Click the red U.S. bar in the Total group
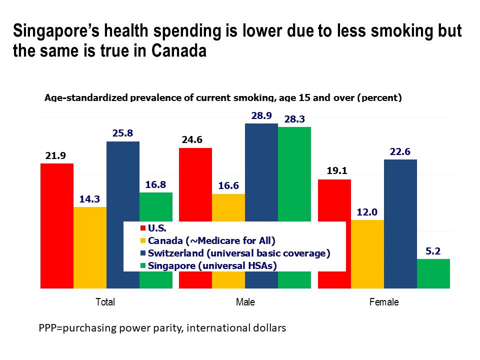(56, 225)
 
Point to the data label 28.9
(261, 115)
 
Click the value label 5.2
(433, 251)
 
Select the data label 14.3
(89, 199)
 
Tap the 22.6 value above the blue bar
(400, 152)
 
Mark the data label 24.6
(195, 140)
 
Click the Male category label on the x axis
(245, 302)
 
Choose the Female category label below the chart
(383, 302)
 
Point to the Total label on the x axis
(105, 302)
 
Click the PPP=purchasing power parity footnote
(162, 328)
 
